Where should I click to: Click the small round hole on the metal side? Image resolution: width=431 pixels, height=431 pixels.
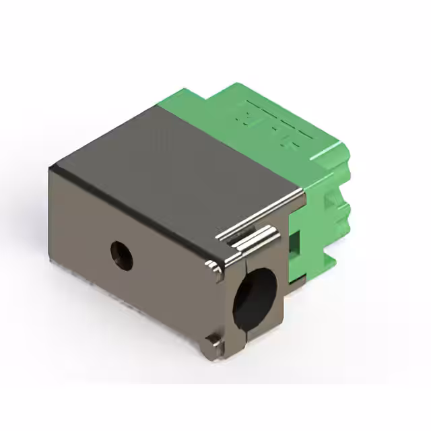point(122,254)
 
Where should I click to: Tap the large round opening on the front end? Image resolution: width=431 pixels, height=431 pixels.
point(254,295)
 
